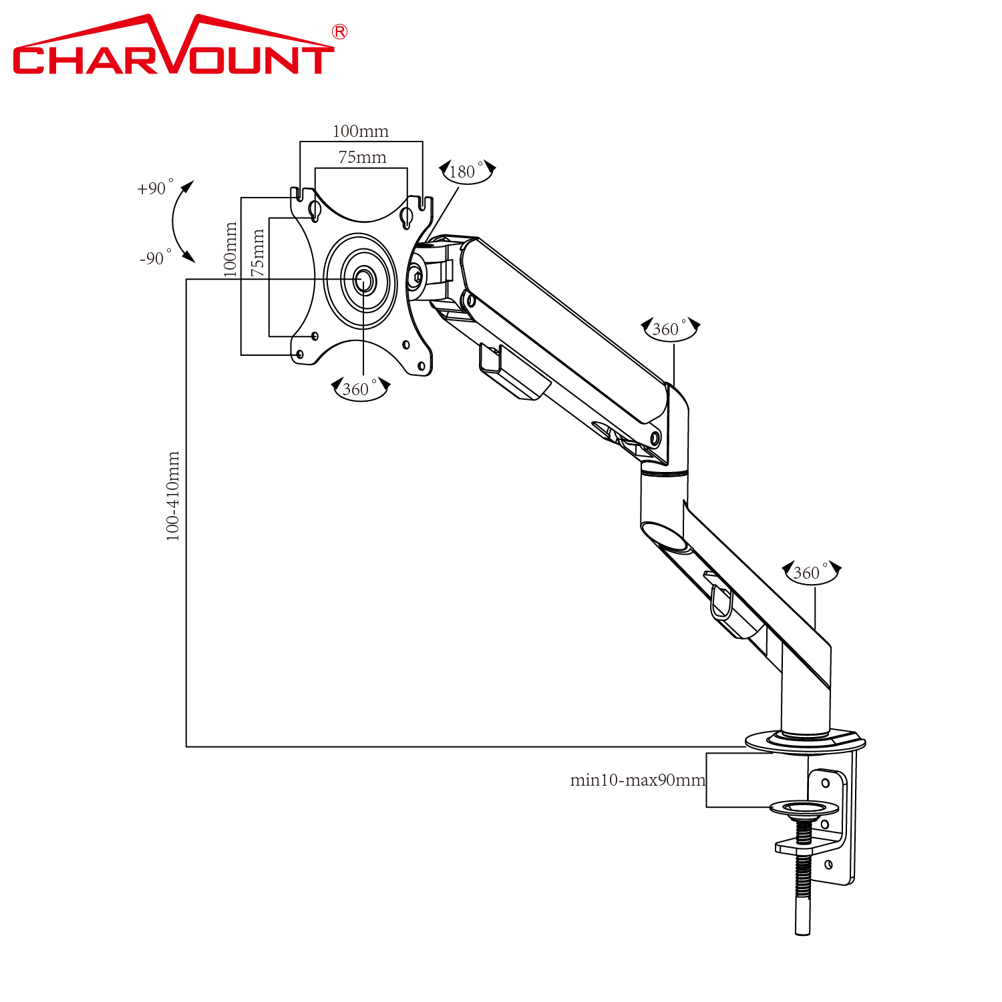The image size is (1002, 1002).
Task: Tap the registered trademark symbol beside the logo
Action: tap(339, 32)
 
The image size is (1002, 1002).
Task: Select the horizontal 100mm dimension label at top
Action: tap(361, 131)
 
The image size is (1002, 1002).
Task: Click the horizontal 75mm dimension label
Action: tap(362, 158)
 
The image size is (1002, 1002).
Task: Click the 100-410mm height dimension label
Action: tap(173, 496)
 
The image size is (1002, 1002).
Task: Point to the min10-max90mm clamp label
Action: tap(637, 780)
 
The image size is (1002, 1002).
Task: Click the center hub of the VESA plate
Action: tap(363, 280)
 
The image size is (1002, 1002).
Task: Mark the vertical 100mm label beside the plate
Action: tap(230, 250)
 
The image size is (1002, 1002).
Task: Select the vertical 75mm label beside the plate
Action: tap(257, 253)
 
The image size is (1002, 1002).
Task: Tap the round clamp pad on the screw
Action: tap(804, 808)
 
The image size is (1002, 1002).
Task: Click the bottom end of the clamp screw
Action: tap(803, 929)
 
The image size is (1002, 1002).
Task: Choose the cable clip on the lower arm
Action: tap(720, 600)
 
